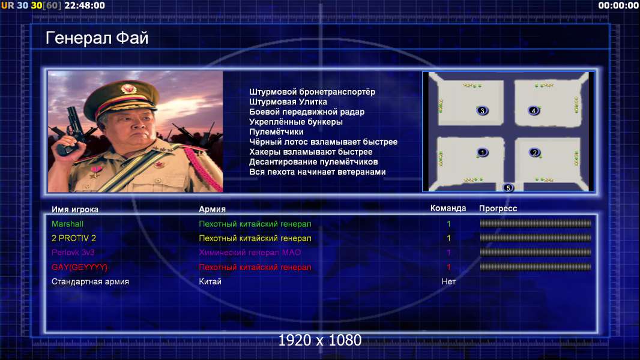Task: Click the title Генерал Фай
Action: pyautogui.click(x=97, y=38)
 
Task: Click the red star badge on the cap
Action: pyautogui.click(x=128, y=88)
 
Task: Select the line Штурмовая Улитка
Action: pyautogui.click(x=288, y=102)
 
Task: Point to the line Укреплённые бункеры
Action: pyautogui.click(x=295, y=122)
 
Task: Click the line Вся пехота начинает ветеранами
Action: pyautogui.click(x=317, y=172)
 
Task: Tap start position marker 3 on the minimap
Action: pyautogui.click(x=482, y=110)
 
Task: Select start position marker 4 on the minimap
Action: pyautogui.click(x=533, y=110)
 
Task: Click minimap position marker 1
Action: pyautogui.click(x=483, y=152)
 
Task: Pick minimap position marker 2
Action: pyautogui.click(x=534, y=152)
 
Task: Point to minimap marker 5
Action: pyautogui.click(x=508, y=188)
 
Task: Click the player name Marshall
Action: pyautogui.click(x=67, y=224)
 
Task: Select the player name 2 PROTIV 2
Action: pyautogui.click(x=73, y=238)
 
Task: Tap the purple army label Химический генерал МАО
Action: pyautogui.click(x=250, y=253)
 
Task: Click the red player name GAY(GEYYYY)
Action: pyautogui.click(x=79, y=267)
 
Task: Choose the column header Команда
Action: pyautogui.click(x=448, y=208)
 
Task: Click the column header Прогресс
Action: pyautogui.click(x=498, y=209)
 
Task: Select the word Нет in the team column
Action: pyautogui.click(x=448, y=281)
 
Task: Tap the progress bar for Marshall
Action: pyautogui.click(x=536, y=223)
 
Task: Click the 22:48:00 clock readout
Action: pyautogui.click(x=85, y=5)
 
